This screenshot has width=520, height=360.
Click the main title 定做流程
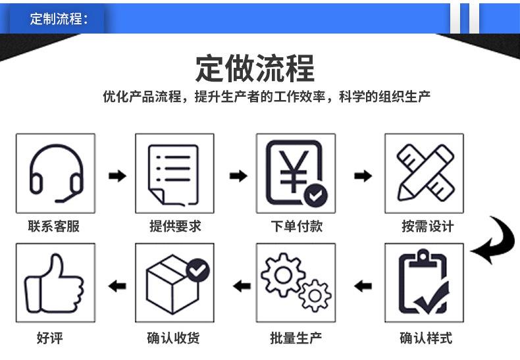(255, 68)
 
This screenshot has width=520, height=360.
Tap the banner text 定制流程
(58, 18)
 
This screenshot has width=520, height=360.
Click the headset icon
(55, 173)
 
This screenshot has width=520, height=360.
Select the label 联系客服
(54, 226)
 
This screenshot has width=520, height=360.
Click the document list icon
(174, 173)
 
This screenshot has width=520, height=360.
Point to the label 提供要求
(175, 226)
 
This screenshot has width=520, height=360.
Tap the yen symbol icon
(296, 173)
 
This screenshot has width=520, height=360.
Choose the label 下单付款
(297, 226)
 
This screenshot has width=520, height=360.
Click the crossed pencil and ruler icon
(424, 173)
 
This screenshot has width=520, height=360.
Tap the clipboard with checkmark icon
(424, 284)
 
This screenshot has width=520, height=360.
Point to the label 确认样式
(426, 339)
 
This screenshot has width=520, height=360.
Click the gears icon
(296, 284)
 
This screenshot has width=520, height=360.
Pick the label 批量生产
(296, 339)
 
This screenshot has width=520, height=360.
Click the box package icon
(174, 284)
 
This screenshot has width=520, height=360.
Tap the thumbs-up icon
(55, 284)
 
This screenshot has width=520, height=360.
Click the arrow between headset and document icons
(117, 176)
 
